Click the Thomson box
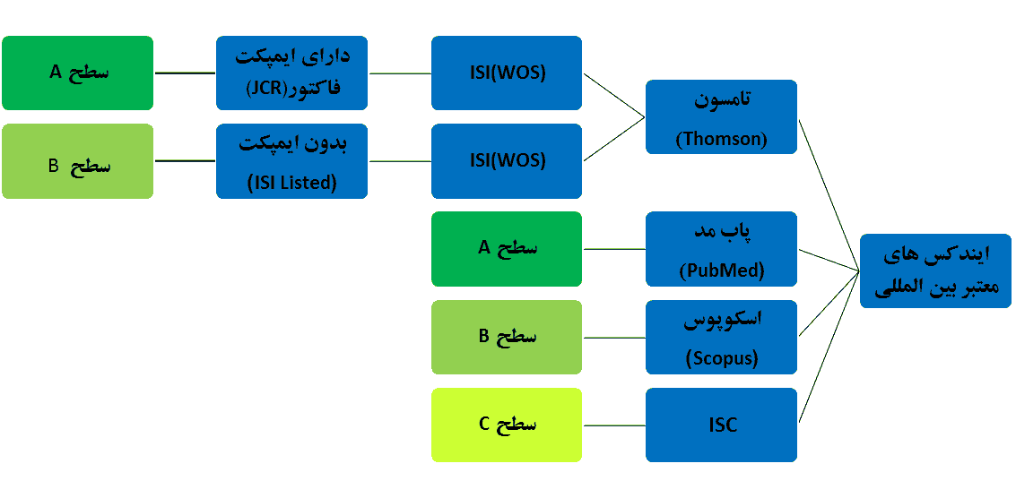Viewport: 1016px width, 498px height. point(721,116)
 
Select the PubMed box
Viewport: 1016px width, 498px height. point(721,249)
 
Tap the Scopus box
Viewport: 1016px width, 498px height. point(721,337)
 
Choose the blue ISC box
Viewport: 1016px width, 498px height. point(721,425)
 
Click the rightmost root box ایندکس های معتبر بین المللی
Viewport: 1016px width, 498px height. point(935,270)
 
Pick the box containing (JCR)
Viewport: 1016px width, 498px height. point(291,73)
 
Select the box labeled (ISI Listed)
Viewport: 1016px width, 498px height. point(291,161)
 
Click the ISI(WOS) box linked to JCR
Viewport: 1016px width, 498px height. point(507,73)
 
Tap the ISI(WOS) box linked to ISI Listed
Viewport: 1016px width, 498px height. point(507,161)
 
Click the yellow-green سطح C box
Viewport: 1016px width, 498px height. point(507,425)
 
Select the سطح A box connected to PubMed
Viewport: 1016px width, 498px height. point(507,249)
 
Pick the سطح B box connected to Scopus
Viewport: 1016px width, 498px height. point(507,337)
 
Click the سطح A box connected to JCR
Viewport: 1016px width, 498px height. point(78,73)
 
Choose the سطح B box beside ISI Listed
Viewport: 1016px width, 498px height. point(78,161)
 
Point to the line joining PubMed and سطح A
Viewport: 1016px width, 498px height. point(614,249)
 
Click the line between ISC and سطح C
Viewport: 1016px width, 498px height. point(614,425)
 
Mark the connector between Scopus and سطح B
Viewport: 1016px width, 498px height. point(614,337)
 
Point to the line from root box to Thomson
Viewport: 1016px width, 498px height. point(829,194)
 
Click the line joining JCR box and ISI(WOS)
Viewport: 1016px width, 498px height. point(400,73)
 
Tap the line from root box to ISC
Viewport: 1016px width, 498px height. point(829,347)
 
